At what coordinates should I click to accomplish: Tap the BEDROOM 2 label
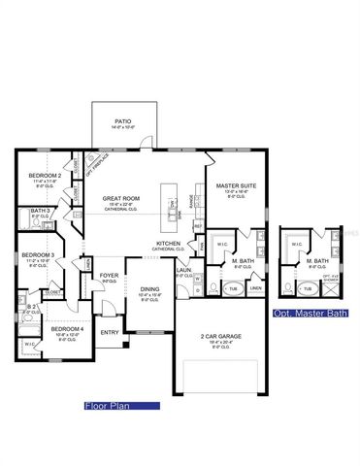click(46, 175)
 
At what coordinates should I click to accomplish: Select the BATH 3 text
click(40, 211)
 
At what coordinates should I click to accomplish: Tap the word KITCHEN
click(168, 244)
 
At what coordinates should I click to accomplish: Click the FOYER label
click(110, 276)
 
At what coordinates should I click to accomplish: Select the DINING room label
click(149, 288)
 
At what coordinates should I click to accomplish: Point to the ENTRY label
click(109, 333)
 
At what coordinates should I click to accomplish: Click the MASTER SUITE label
click(236, 188)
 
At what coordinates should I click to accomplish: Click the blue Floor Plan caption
click(107, 406)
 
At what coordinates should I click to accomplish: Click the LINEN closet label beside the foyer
click(87, 262)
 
